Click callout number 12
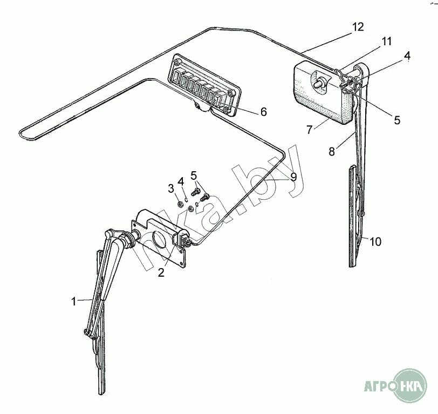coord(358,27)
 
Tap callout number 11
coord(387,41)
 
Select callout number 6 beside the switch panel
coord(263,112)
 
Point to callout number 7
coord(309,130)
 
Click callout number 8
coord(332,152)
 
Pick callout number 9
coord(293,177)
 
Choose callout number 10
coord(375,241)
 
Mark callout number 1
coord(73,301)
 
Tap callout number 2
coord(161,272)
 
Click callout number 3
coord(171,188)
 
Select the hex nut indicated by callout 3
coord(181,205)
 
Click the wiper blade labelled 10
coord(353,216)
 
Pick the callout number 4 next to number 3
coord(181,182)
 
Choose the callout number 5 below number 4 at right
coord(397,120)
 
